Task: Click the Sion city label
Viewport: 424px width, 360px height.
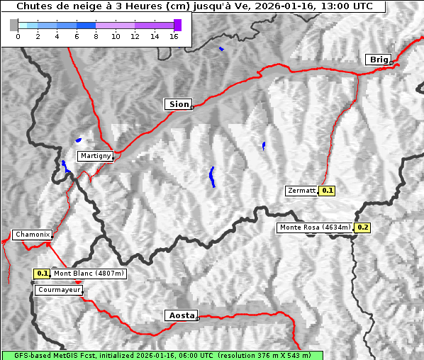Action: click(179, 104)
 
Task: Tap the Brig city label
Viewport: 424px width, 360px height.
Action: click(379, 60)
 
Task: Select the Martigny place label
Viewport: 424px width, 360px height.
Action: click(95, 155)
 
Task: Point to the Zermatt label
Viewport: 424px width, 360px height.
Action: click(302, 191)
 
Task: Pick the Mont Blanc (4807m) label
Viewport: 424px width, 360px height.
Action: click(89, 274)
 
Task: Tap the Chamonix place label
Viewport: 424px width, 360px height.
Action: click(32, 235)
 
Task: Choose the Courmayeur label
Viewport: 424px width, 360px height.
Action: click(59, 290)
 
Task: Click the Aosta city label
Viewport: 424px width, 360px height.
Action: click(180, 315)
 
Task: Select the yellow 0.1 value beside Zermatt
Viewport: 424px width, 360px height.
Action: click(328, 191)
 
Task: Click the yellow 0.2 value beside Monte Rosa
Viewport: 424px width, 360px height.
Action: click(362, 227)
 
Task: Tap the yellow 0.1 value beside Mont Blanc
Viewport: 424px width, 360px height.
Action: click(43, 274)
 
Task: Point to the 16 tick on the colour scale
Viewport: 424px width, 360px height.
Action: click(174, 36)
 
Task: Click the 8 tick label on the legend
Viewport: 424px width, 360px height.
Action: click(96, 36)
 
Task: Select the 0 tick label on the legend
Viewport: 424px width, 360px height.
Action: click(18, 36)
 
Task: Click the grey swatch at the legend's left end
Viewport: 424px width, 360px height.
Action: click(14, 25)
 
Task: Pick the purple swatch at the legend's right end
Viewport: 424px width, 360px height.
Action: click(177, 25)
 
